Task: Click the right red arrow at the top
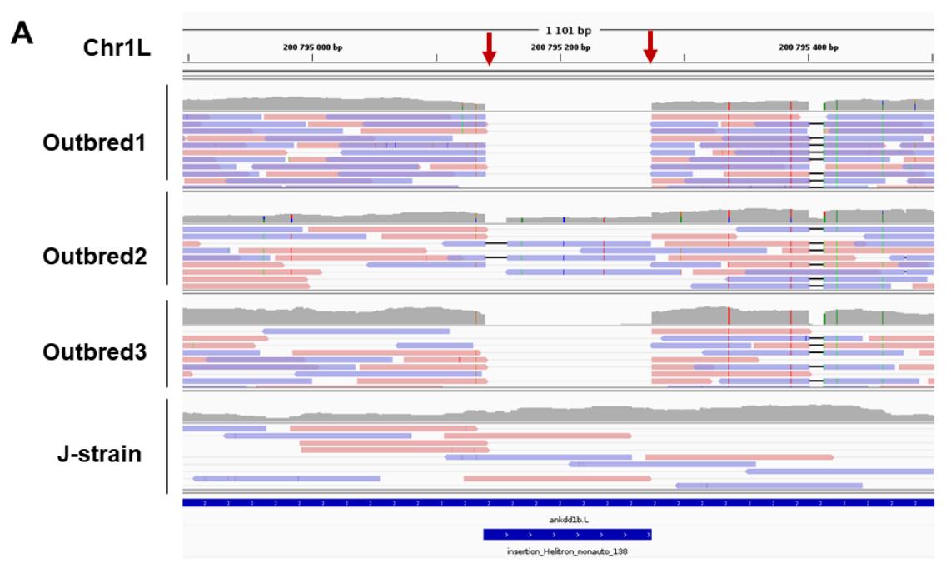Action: click(650, 47)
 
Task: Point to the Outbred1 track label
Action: click(94, 142)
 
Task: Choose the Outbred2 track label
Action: click(94, 255)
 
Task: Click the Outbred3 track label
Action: click(94, 351)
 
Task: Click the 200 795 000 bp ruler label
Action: click(313, 47)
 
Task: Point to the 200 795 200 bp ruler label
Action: click(560, 47)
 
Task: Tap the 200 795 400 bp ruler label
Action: click(809, 47)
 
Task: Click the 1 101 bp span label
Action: click(570, 30)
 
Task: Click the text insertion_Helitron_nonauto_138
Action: click(568, 551)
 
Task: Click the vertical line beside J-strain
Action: click(167, 446)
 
